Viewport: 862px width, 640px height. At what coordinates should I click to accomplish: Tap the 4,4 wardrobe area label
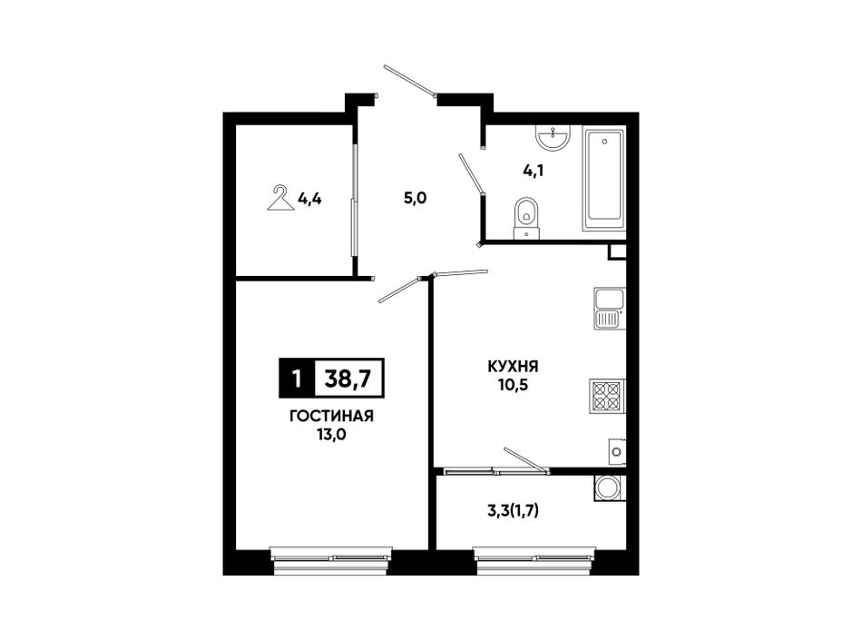point(309,199)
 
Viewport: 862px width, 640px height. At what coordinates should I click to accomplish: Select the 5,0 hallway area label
point(415,199)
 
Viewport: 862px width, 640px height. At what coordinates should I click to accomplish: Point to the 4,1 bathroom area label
point(534,171)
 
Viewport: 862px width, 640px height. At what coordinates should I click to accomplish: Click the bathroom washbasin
point(554,137)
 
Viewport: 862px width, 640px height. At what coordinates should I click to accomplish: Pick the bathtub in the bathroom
point(603,179)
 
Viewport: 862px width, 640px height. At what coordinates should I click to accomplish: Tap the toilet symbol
point(527,218)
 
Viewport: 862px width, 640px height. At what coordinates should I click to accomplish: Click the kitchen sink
point(609,309)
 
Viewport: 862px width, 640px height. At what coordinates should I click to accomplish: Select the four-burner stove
point(607,396)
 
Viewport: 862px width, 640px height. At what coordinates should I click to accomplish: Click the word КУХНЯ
point(513,366)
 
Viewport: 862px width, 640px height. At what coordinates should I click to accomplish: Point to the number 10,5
point(513,385)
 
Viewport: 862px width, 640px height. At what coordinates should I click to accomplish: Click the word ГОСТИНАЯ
point(331,416)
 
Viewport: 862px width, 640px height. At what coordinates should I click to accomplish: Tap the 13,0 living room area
point(331,435)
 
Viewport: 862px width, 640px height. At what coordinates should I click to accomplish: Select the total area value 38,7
point(348,379)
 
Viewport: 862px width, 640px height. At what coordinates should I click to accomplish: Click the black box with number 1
point(297,379)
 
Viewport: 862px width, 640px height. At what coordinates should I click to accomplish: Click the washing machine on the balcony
point(609,487)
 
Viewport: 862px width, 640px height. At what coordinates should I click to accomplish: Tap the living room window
point(331,561)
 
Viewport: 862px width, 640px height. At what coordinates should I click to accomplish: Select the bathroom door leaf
point(471,173)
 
